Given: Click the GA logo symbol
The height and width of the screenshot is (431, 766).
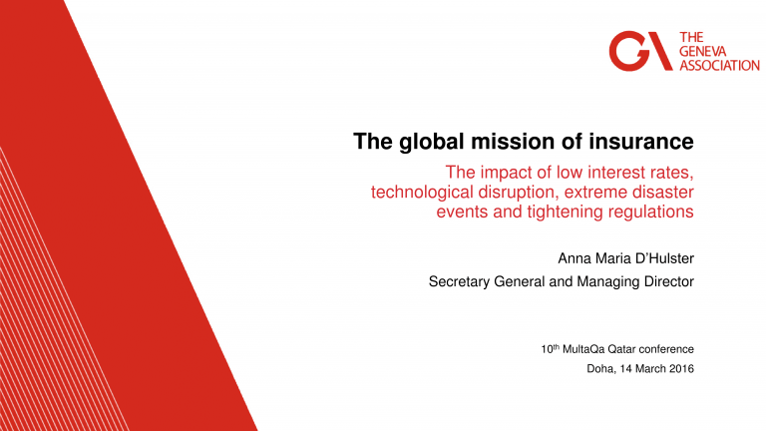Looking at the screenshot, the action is pyautogui.click(x=640, y=51).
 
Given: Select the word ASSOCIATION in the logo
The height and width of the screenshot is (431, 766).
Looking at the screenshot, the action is pyautogui.click(x=719, y=66).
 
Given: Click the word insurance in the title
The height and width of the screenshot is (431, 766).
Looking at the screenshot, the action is pyautogui.click(x=641, y=142).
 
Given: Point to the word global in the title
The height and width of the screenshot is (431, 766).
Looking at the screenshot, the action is pyautogui.click(x=431, y=143).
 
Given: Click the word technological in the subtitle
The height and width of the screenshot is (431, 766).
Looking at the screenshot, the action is pyautogui.click(x=422, y=193).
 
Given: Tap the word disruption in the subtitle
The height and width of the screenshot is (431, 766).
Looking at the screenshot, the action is pyautogui.click(x=519, y=193).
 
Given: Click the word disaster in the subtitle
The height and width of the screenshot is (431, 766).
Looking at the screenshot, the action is pyautogui.click(x=663, y=192).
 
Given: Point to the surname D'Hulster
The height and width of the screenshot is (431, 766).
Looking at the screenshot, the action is pyautogui.click(x=659, y=258).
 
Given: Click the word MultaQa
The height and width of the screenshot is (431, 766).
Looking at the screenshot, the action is pyautogui.click(x=583, y=349).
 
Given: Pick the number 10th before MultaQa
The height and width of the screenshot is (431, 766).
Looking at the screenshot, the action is pyautogui.click(x=551, y=349).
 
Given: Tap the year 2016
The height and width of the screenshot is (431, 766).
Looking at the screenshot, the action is pyautogui.click(x=681, y=369).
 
